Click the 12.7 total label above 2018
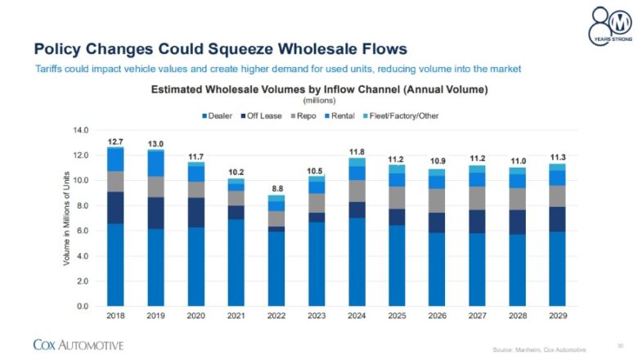tap(115, 142)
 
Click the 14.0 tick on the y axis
tap(80, 130)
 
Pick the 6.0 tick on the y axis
tap(83, 231)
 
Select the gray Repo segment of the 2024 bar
tap(356, 191)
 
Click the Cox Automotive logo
tap(78, 344)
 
